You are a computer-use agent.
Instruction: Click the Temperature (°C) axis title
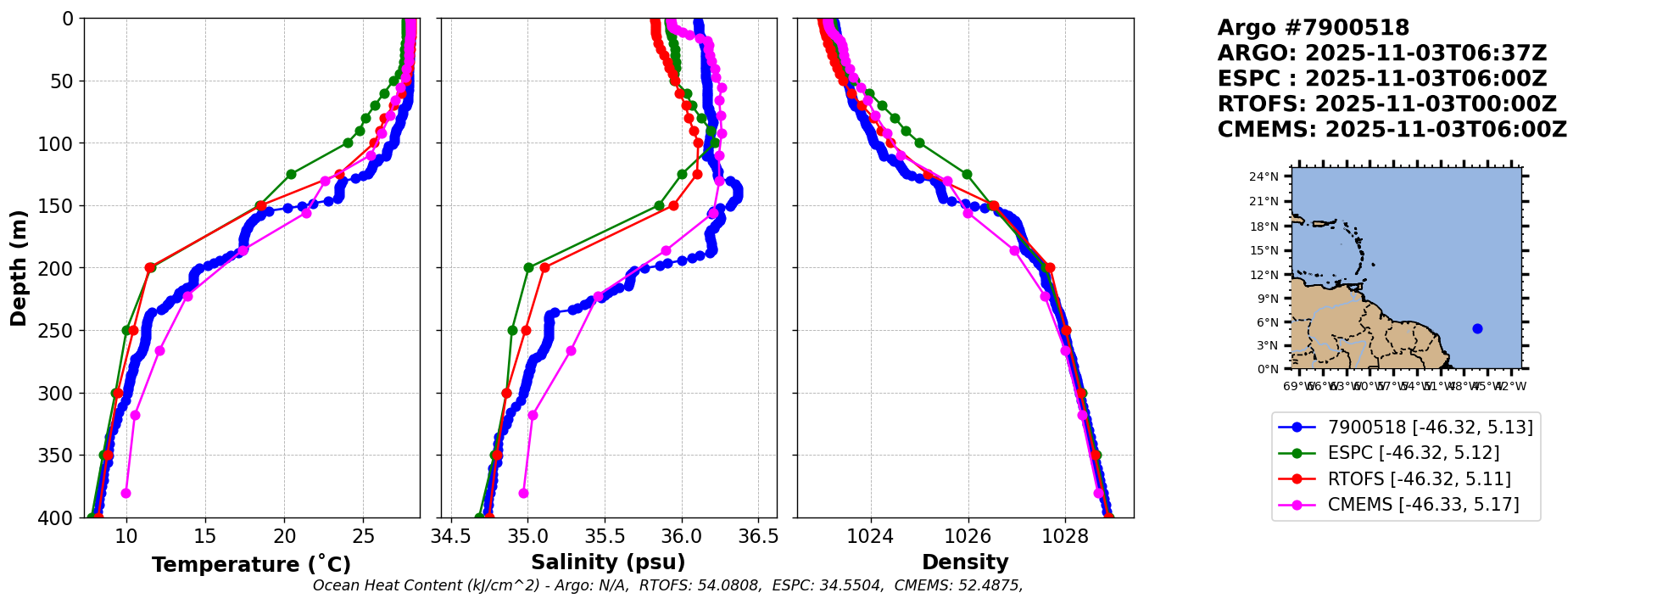[x=251, y=565]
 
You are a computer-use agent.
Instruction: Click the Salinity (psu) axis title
[x=608, y=562]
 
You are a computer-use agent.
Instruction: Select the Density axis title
[x=965, y=562]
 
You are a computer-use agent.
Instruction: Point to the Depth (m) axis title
[x=19, y=268]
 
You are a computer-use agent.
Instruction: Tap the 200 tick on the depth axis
[x=63, y=268]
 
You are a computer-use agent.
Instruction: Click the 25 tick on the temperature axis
[x=363, y=536]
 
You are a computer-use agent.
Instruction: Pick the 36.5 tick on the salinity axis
[x=758, y=536]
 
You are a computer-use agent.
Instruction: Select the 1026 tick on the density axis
[x=968, y=536]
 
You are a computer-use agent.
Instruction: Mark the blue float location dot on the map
[x=1477, y=328]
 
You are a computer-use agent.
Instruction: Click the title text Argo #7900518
[x=1314, y=28]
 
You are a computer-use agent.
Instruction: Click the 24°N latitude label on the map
[x=1264, y=176]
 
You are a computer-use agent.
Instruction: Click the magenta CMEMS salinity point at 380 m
[x=523, y=493]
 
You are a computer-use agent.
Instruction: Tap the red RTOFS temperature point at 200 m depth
[x=150, y=268]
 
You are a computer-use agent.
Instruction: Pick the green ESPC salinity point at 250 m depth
[x=512, y=330]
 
